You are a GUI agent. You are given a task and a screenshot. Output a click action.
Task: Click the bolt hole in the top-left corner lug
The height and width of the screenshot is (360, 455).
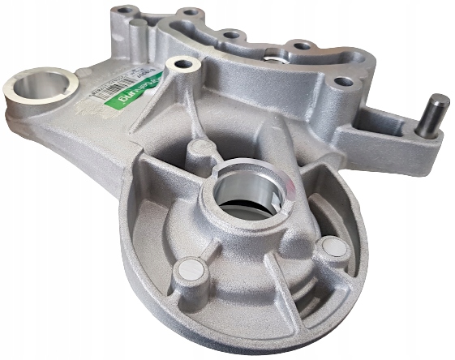[124, 11]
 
